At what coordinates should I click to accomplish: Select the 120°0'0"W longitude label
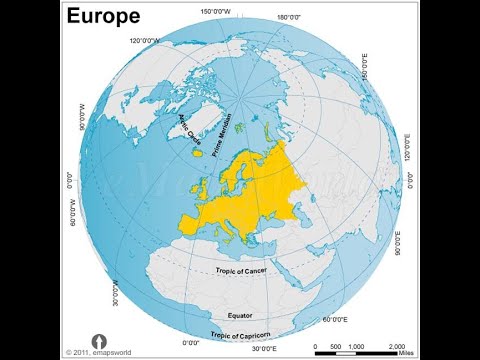pos(146,40)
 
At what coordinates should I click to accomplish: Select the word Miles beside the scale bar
pos(403,352)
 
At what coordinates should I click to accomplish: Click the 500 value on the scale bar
pos(334,344)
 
